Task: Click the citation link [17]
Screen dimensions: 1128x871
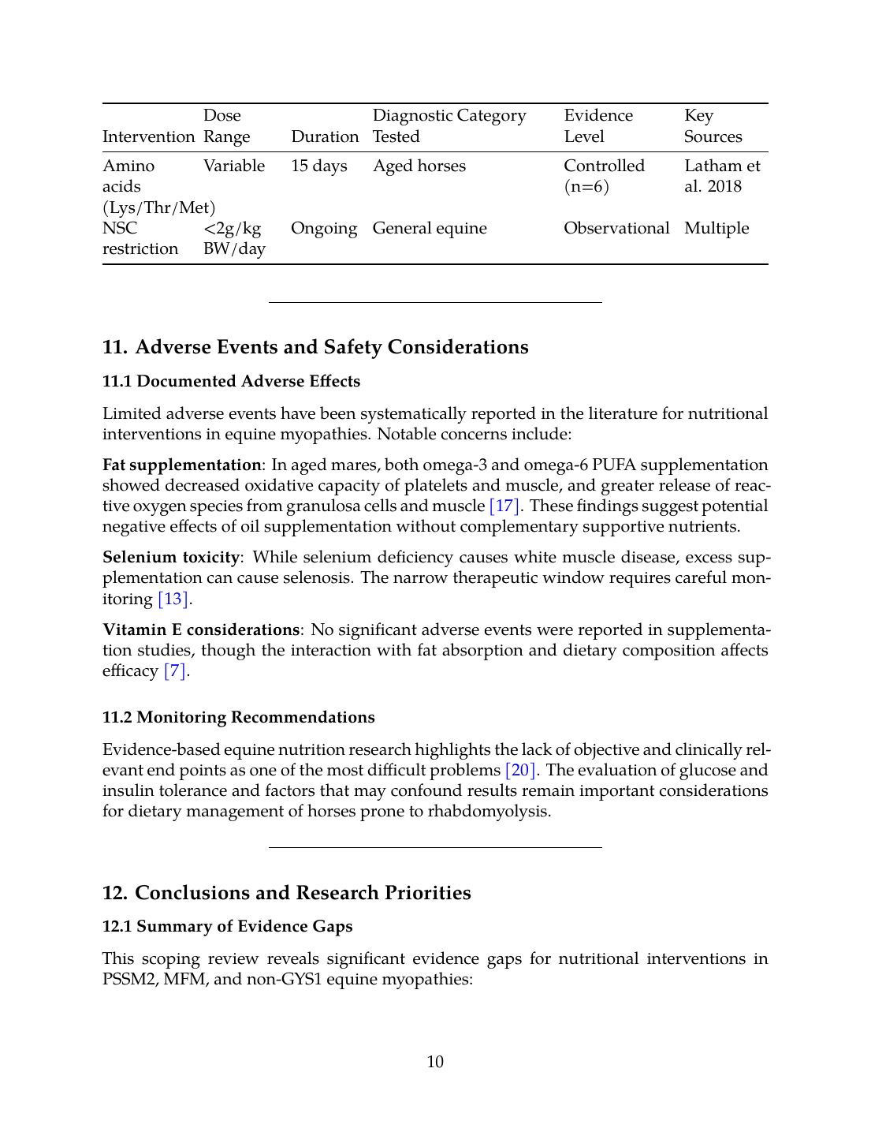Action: (504, 506)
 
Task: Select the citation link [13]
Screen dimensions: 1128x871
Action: (173, 599)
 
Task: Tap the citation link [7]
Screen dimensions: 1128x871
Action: (175, 671)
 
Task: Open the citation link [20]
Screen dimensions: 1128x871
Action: (520, 771)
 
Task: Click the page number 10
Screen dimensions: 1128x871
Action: (435, 1063)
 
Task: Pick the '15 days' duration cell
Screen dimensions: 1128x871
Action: (319, 166)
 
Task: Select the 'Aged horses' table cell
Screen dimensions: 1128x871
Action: (419, 166)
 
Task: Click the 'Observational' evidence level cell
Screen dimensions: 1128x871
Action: (616, 229)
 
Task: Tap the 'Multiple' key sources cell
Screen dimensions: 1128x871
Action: (717, 229)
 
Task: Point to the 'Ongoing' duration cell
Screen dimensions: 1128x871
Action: (324, 229)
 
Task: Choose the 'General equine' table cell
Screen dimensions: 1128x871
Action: (430, 229)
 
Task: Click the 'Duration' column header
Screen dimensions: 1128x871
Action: (325, 137)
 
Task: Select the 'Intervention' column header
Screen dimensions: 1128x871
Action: (148, 137)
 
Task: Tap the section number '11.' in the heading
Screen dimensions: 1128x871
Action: (114, 348)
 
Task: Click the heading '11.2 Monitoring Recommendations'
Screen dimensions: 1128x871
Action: (238, 718)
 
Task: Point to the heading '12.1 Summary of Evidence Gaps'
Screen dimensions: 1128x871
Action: (227, 927)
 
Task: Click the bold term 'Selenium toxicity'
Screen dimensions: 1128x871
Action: (171, 558)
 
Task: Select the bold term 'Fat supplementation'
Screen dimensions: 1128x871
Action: (181, 465)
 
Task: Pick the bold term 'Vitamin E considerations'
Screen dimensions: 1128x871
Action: (201, 630)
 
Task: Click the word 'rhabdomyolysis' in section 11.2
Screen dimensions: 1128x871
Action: (487, 812)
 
